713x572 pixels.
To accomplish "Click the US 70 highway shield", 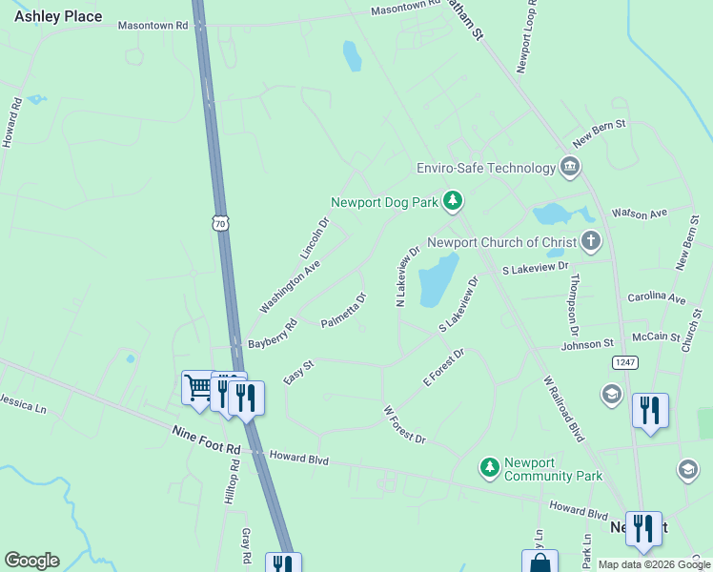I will (220, 223).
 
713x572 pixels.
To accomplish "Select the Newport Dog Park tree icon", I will (454, 200).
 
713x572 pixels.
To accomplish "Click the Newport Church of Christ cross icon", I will (591, 241).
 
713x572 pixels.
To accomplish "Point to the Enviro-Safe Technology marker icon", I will (570, 168).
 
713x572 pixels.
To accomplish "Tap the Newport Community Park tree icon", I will (489, 466).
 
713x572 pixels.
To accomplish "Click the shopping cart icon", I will (198, 387).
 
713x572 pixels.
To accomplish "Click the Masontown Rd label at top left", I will (153, 26).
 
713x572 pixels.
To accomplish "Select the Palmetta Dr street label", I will (344, 310).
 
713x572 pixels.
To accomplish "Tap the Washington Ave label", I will (290, 286).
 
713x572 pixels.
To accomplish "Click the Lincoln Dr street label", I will (315, 238).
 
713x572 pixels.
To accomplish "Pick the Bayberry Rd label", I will (273, 334).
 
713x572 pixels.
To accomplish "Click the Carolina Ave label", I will (656, 298).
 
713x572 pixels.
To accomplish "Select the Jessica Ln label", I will (23, 404).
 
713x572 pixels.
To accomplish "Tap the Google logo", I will (31, 561).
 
